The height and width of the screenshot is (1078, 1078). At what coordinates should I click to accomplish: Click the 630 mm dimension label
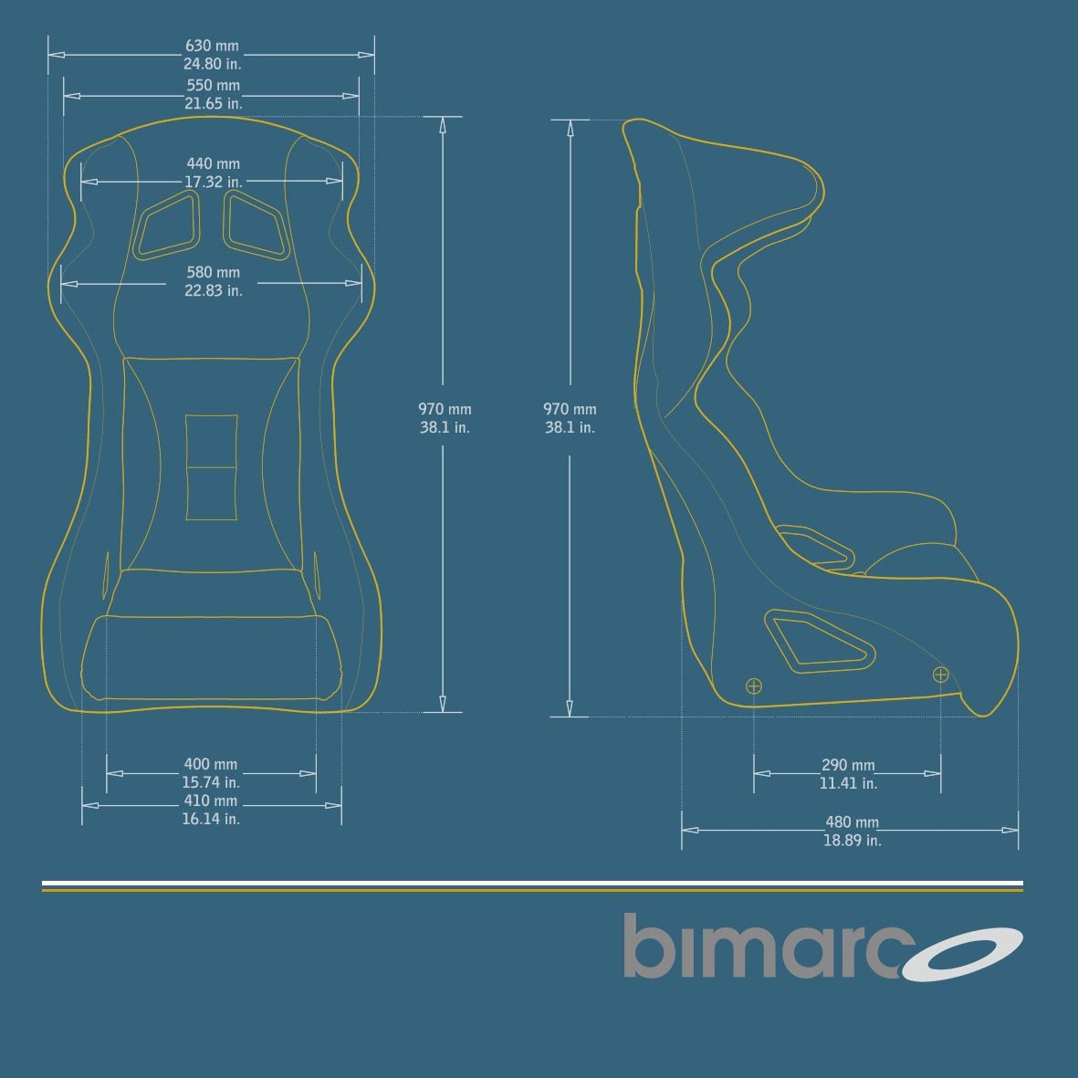click(x=212, y=46)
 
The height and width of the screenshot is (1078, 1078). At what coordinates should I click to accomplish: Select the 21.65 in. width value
click(x=214, y=104)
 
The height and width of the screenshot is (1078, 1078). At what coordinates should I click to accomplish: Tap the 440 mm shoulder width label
click(x=213, y=164)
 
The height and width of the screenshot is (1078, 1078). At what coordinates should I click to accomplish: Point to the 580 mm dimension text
click(x=213, y=272)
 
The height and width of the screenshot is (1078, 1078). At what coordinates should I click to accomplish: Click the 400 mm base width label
click(x=210, y=764)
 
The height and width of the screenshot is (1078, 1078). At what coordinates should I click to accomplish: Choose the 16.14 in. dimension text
click(x=211, y=820)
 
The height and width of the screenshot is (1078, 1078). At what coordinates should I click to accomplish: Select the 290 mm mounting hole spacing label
click(x=847, y=765)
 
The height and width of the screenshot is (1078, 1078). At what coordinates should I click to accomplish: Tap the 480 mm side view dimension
click(x=852, y=822)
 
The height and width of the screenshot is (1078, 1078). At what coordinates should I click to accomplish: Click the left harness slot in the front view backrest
click(x=166, y=225)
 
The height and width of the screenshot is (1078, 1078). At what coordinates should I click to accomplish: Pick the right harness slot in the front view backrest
click(x=256, y=225)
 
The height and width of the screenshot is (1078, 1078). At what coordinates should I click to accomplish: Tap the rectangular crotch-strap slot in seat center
click(x=212, y=467)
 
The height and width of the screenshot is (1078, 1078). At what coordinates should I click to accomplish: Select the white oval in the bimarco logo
click(x=963, y=954)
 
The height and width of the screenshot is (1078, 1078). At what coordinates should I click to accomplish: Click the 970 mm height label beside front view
click(x=445, y=409)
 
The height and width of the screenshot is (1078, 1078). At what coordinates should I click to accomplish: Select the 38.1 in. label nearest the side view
click(x=570, y=427)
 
